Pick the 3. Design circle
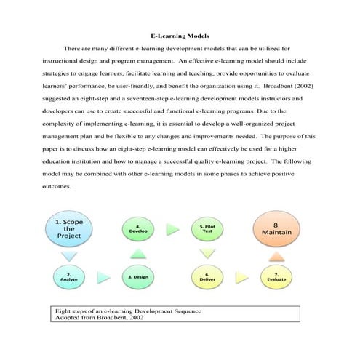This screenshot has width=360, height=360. coord(140,276)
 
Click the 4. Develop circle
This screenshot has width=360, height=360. coord(140,229)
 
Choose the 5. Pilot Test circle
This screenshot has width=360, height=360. coord(207,229)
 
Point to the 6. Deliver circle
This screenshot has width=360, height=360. coord(207,276)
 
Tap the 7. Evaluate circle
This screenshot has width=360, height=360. coord(276,276)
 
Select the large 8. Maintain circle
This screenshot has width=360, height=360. coord(276,229)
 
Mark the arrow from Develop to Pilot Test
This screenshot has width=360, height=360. coord(172,229)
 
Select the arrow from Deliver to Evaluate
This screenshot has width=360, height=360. coord(241,276)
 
